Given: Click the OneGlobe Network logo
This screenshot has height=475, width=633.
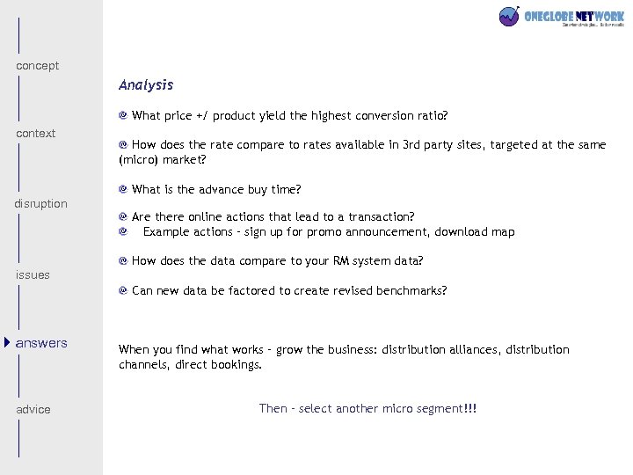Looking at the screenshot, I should pyautogui.click(x=561, y=17).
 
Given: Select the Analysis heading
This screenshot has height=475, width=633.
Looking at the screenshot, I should pyautogui.click(x=146, y=85).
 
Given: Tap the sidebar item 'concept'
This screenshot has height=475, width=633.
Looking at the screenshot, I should pyautogui.click(x=38, y=66).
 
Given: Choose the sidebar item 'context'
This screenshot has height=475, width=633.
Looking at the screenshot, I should pyautogui.click(x=36, y=134).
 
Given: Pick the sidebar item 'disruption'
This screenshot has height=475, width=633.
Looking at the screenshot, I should pyautogui.click(x=40, y=204).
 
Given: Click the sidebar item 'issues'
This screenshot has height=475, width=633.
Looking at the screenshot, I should pyautogui.click(x=33, y=275).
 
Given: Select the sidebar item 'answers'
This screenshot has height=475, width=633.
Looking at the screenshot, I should pyautogui.click(x=41, y=343).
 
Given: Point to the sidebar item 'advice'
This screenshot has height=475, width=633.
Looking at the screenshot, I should pyautogui.click(x=33, y=410).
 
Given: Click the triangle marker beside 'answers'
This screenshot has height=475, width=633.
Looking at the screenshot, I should pyautogui.click(x=7, y=342).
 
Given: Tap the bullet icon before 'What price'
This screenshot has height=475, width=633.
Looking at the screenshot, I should pyautogui.click(x=124, y=115).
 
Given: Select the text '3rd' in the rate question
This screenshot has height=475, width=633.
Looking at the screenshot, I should pyautogui.click(x=411, y=145).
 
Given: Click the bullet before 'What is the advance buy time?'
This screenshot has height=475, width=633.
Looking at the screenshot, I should pyautogui.click(x=124, y=189).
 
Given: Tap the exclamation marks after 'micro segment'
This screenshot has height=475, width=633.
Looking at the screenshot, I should pyautogui.click(x=471, y=409).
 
